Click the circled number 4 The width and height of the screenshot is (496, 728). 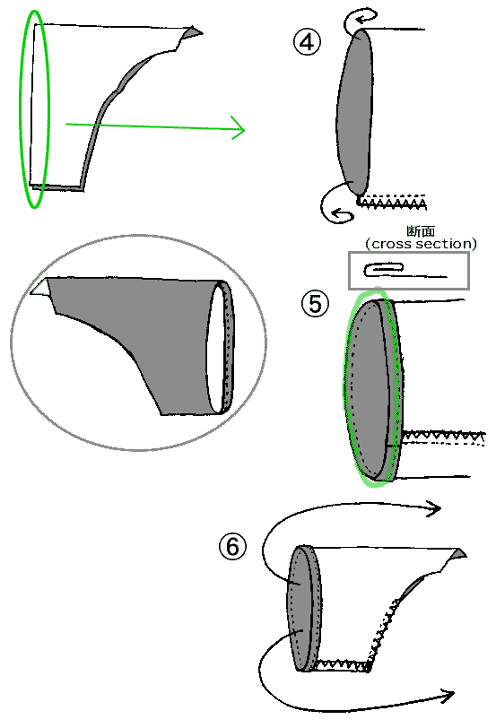coord(307,42)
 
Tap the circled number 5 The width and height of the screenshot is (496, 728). coord(315,304)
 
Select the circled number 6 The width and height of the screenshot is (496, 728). coord(232,547)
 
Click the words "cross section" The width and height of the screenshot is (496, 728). coord(422,244)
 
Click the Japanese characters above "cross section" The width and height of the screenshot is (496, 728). coord(421,231)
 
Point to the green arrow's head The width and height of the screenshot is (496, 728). coord(238,129)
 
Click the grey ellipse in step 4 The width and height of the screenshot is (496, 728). coord(354,111)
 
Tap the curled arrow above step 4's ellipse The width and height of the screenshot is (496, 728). coord(360,19)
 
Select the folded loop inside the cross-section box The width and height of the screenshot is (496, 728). coord(384,269)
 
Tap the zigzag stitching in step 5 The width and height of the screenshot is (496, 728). coord(443,437)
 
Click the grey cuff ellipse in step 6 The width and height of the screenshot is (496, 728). coord(304,608)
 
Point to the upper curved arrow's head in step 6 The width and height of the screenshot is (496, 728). coord(434,508)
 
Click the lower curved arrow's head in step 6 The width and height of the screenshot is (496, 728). coord(448,696)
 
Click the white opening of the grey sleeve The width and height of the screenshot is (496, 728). coord(215,348)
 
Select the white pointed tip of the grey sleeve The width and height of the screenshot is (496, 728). coord(40,287)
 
